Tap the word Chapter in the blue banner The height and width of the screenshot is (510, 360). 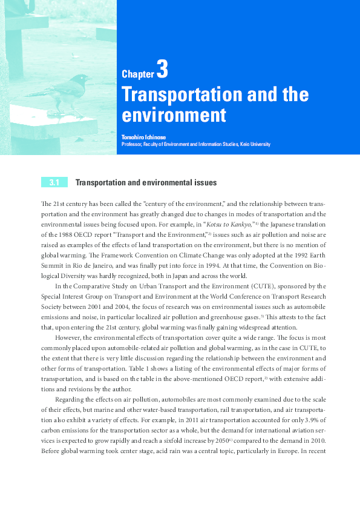pos(138,75)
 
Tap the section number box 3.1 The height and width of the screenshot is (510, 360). pos(54,182)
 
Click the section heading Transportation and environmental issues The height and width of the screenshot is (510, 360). pos(145,182)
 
